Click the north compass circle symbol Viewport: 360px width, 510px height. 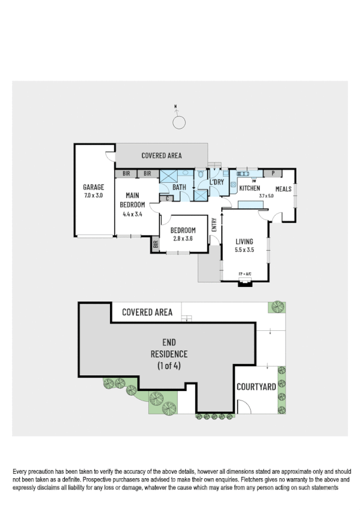[x=178, y=123]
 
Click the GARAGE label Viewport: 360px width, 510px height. [x=93, y=187]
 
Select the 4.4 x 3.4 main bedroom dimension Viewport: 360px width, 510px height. [x=132, y=214]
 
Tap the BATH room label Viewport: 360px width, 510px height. [x=179, y=188]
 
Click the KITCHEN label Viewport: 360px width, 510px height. [x=249, y=188]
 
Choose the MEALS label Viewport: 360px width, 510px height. [x=283, y=188]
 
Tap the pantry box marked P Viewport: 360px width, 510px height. [x=273, y=174]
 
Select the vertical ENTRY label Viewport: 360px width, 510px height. [x=215, y=225]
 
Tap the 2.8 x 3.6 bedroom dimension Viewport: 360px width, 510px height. [x=183, y=239]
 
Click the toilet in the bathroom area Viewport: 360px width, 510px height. [x=200, y=174]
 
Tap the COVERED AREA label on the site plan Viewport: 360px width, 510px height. [x=147, y=312]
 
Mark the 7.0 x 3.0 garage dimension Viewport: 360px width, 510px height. [x=93, y=195]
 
